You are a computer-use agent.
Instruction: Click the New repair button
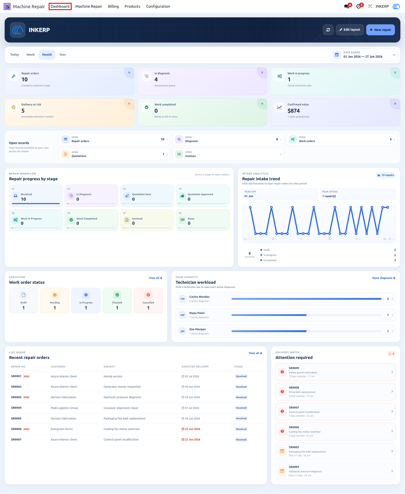pos(380,30)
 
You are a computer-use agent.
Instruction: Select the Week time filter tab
pos(31,55)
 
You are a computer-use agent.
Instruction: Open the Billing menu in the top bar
pos(113,6)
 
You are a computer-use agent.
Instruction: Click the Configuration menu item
pos(158,6)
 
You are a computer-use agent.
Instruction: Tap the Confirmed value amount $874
pos(293,111)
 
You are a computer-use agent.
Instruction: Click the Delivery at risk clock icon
pos(14,107)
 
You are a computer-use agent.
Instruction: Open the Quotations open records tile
pos(114,154)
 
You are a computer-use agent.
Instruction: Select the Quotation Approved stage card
pos(203,196)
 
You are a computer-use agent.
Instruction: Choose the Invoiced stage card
pos(147,220)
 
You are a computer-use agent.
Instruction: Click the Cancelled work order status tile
pos(148,301)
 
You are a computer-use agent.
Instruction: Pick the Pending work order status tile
pos(55,301)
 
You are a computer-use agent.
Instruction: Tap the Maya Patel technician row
pos(285,315)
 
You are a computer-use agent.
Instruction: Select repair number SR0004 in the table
pos(16,408)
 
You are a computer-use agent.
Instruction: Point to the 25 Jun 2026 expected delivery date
pos(191,429)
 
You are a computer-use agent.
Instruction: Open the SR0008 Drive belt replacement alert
pos(335,392)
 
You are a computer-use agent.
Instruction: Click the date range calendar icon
pos(337,55)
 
